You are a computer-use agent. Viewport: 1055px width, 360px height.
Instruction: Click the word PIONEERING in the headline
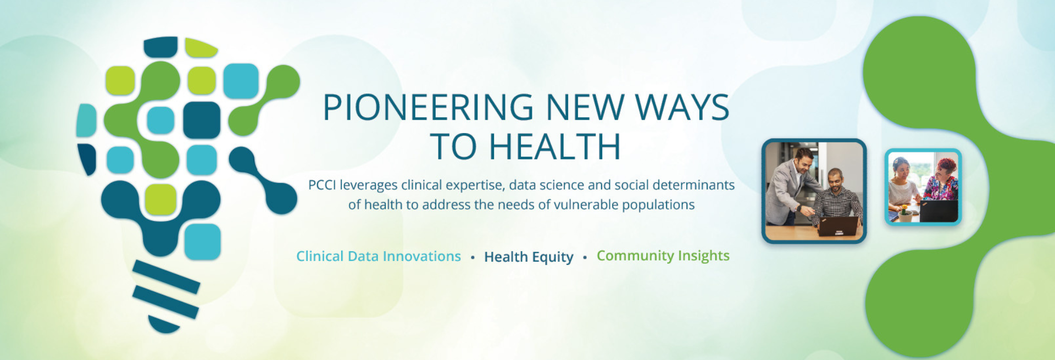(428, 107)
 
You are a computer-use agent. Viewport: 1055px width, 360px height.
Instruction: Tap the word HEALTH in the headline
(555, 147)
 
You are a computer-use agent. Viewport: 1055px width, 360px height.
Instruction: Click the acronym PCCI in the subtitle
(321, 185)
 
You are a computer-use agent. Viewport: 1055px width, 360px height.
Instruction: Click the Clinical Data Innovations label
(379, 256)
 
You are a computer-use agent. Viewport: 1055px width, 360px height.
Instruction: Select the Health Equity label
(529, 257)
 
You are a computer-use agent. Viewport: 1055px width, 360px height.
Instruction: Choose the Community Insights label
(663, 256)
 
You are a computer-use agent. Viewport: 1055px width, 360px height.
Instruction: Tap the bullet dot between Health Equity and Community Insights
(585, 257)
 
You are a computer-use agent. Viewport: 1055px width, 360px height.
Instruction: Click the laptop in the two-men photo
(839, 225)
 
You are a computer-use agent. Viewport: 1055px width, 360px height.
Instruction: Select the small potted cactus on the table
(903, 212)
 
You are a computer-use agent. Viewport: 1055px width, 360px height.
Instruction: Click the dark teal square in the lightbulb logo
(202, 120)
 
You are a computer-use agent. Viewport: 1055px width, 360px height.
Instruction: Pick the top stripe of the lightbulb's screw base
(166, 276)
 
